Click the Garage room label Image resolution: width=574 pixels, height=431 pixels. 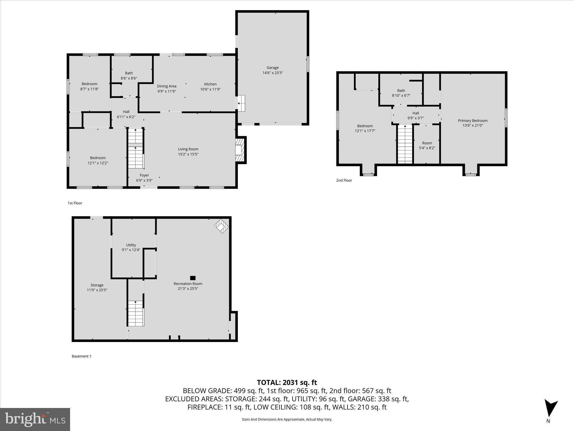272,68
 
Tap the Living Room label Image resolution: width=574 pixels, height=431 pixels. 188,149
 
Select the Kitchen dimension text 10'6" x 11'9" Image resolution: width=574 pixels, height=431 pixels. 210,89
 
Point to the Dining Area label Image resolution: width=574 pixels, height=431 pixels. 166,86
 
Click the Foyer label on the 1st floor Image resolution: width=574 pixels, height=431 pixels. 144,175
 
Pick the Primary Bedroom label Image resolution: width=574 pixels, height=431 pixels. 473,121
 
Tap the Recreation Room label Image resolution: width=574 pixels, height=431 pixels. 188,284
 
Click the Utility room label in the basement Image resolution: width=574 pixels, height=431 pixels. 131,245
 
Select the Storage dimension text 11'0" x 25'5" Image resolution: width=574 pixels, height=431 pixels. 97,290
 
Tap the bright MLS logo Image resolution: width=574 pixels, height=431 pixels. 35,419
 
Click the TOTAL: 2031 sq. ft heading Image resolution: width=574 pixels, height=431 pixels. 287,382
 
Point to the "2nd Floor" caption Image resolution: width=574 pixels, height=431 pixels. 344,180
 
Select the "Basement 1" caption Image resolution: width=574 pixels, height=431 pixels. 82,356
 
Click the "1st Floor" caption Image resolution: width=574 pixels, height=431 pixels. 75,203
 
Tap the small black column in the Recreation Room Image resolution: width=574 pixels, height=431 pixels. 193,278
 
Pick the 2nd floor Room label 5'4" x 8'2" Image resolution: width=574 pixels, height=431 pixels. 427,143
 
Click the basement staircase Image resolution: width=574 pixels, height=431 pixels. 136,313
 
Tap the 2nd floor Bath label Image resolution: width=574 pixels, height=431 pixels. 401,91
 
